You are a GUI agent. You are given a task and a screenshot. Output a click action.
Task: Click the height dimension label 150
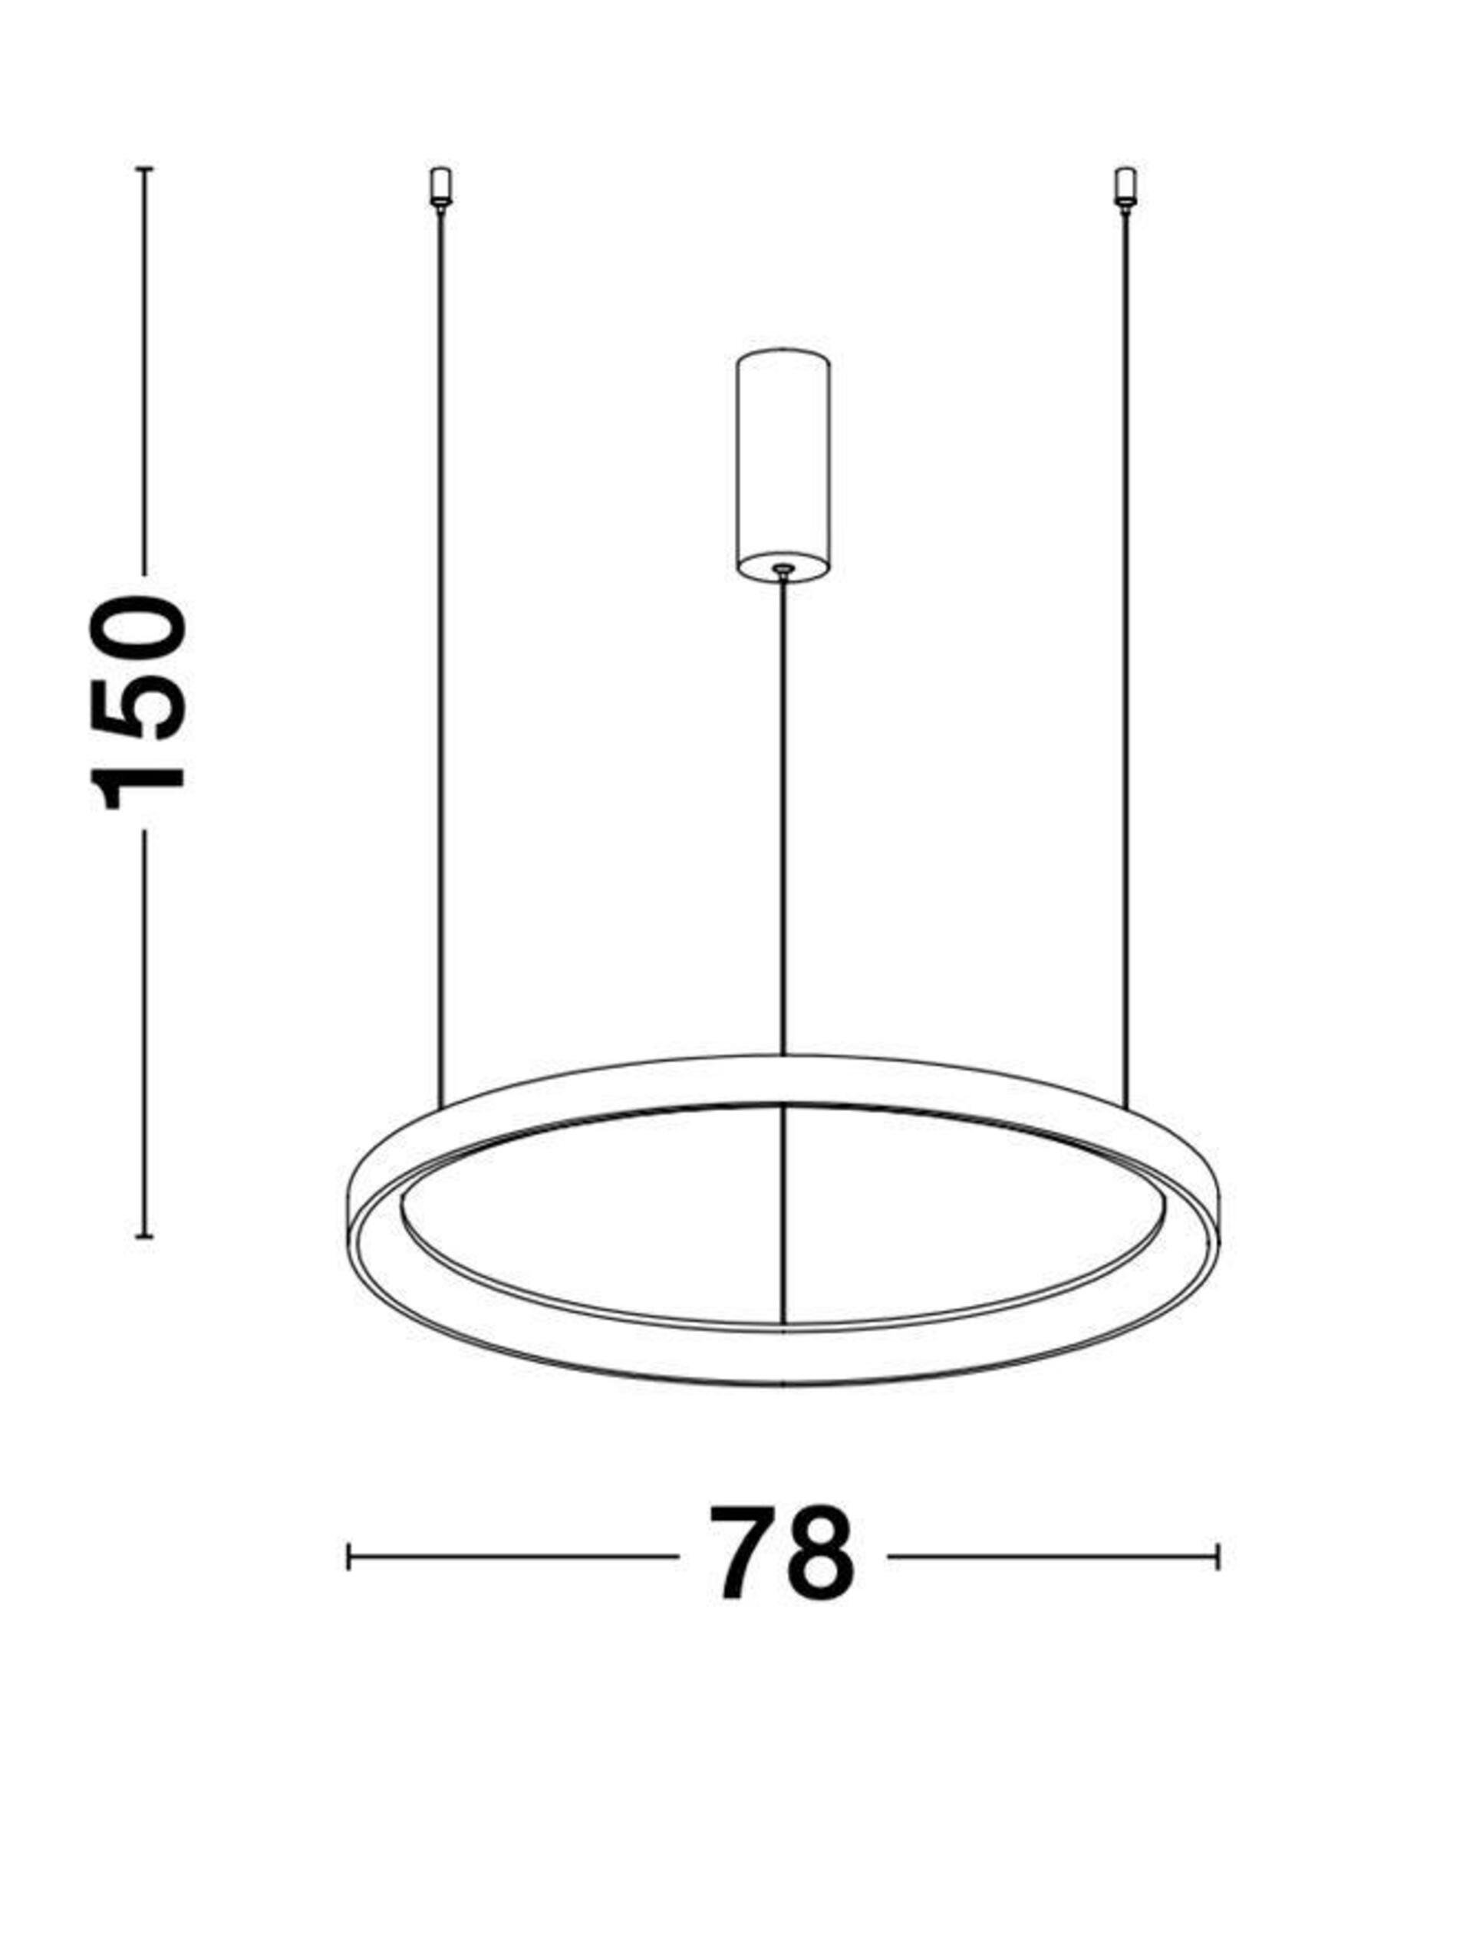tap(138, 702)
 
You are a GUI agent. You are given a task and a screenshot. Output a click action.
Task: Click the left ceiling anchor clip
tap(440, 188)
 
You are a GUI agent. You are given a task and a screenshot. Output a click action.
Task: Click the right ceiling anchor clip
tap(1125, 188)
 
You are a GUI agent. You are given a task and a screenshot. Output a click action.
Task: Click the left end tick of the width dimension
tap(349, 1557)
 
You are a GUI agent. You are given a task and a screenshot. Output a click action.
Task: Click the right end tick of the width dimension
tap(1218, 1557)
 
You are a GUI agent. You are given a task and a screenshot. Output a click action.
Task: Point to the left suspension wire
tap(440, 658)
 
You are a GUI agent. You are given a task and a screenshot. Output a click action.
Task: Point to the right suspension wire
tap(1125, 658)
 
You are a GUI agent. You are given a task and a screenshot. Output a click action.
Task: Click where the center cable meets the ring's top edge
tap(783, 1055)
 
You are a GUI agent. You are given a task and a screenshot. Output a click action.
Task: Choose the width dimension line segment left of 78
tap(513, 1557)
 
